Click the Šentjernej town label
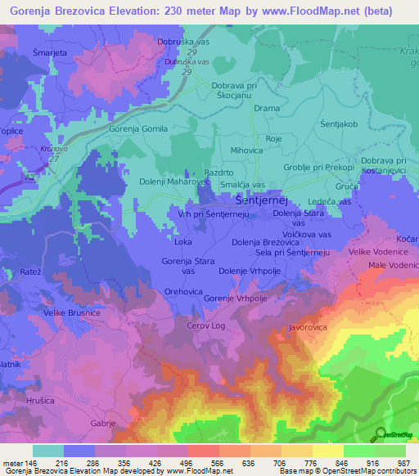click(261, 199)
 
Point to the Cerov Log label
click(205, 325)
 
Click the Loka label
click(184, 242)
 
